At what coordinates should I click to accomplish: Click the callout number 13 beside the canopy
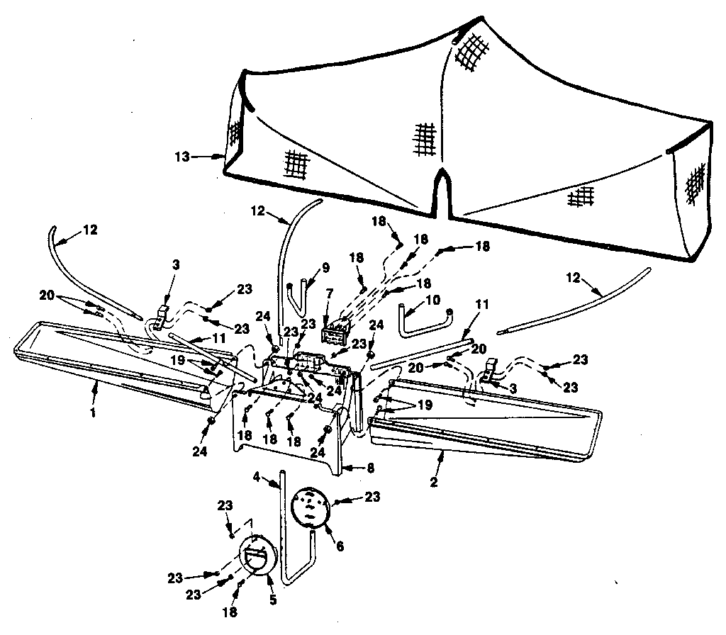click(x=182, y=157)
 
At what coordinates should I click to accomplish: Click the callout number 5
click(x=272, y=600)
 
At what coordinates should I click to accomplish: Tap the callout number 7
click(x=329, y=293)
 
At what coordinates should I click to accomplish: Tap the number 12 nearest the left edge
click(x=90, y=230)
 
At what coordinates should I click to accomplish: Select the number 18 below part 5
click(x=230, y=611)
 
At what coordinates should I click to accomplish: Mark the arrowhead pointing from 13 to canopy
click(x=219, y=156)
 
